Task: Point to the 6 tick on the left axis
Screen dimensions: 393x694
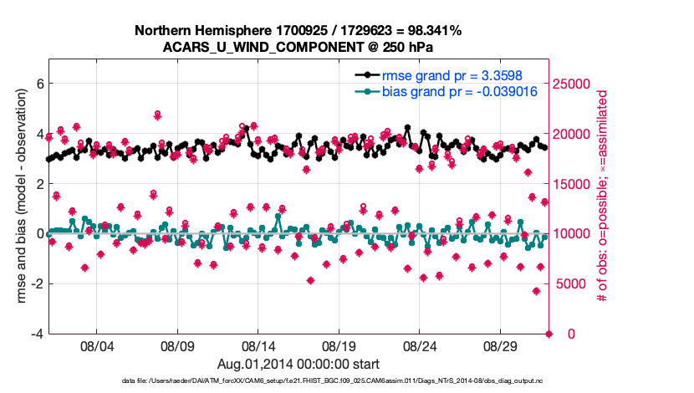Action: (x=38, y=83)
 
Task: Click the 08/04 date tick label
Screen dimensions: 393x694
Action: (x=96, y=345)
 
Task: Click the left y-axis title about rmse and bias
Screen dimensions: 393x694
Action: (x=14, y=196)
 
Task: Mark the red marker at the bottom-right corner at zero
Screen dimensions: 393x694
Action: (x=549, y=334)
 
